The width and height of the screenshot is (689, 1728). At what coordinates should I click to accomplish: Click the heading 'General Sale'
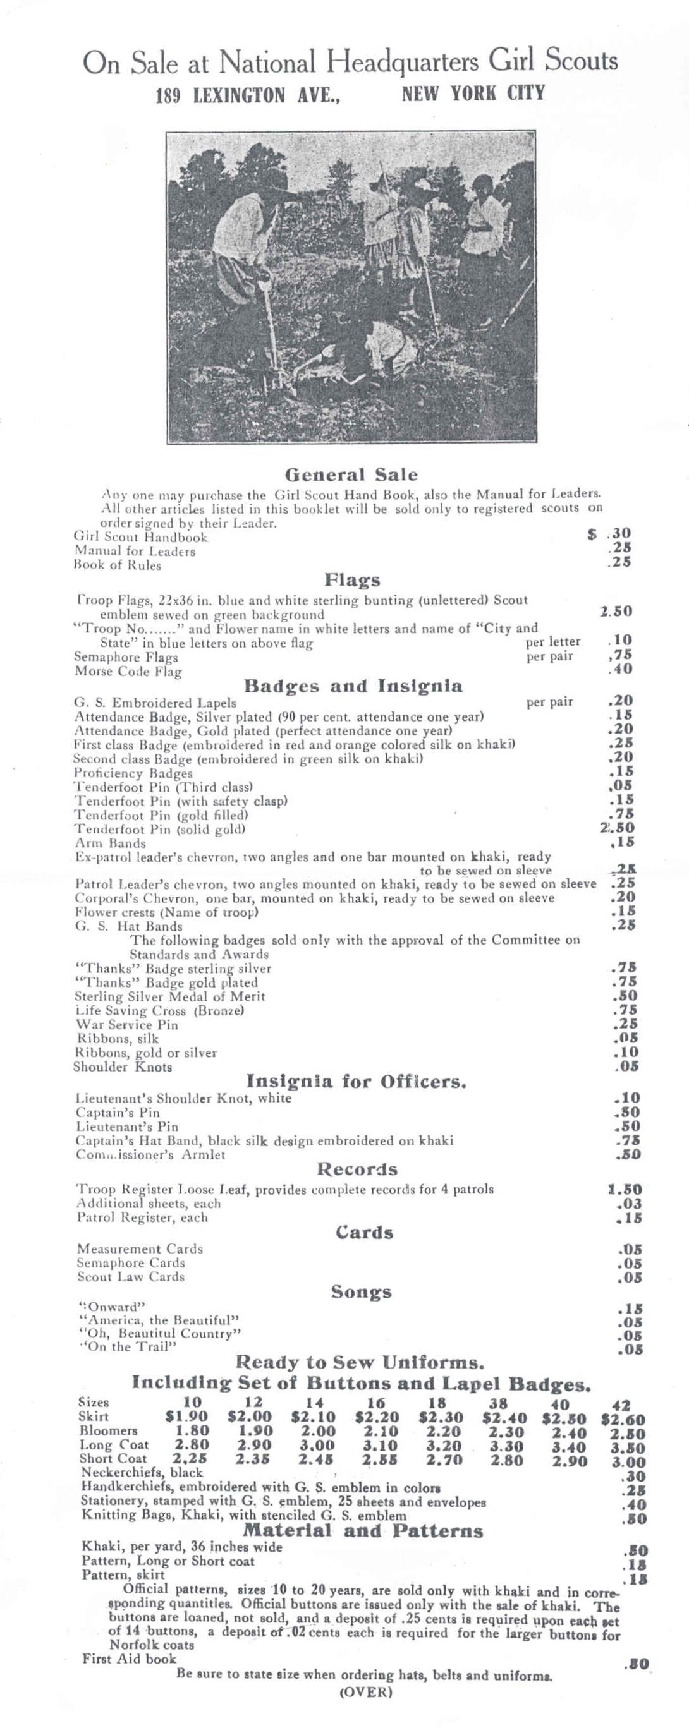tap(351, 475)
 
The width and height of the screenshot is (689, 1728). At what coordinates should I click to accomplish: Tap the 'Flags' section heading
tap(352, 579)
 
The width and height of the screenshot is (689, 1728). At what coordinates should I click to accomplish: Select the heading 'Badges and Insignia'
tap(353, 686)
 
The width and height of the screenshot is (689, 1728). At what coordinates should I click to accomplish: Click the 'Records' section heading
tap(357, 1170)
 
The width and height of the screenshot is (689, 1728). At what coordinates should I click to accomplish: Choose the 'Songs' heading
tap(361, 1292)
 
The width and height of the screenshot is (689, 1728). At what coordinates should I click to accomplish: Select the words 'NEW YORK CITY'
tap(473, 93)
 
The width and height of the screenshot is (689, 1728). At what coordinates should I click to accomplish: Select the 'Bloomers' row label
tap(108, 1431)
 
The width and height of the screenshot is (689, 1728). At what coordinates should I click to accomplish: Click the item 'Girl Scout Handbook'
tap(140, 537)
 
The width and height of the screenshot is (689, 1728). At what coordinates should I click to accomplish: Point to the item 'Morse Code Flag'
tap(128, 672)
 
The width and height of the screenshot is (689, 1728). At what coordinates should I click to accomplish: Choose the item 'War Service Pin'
tap(127, 1024)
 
